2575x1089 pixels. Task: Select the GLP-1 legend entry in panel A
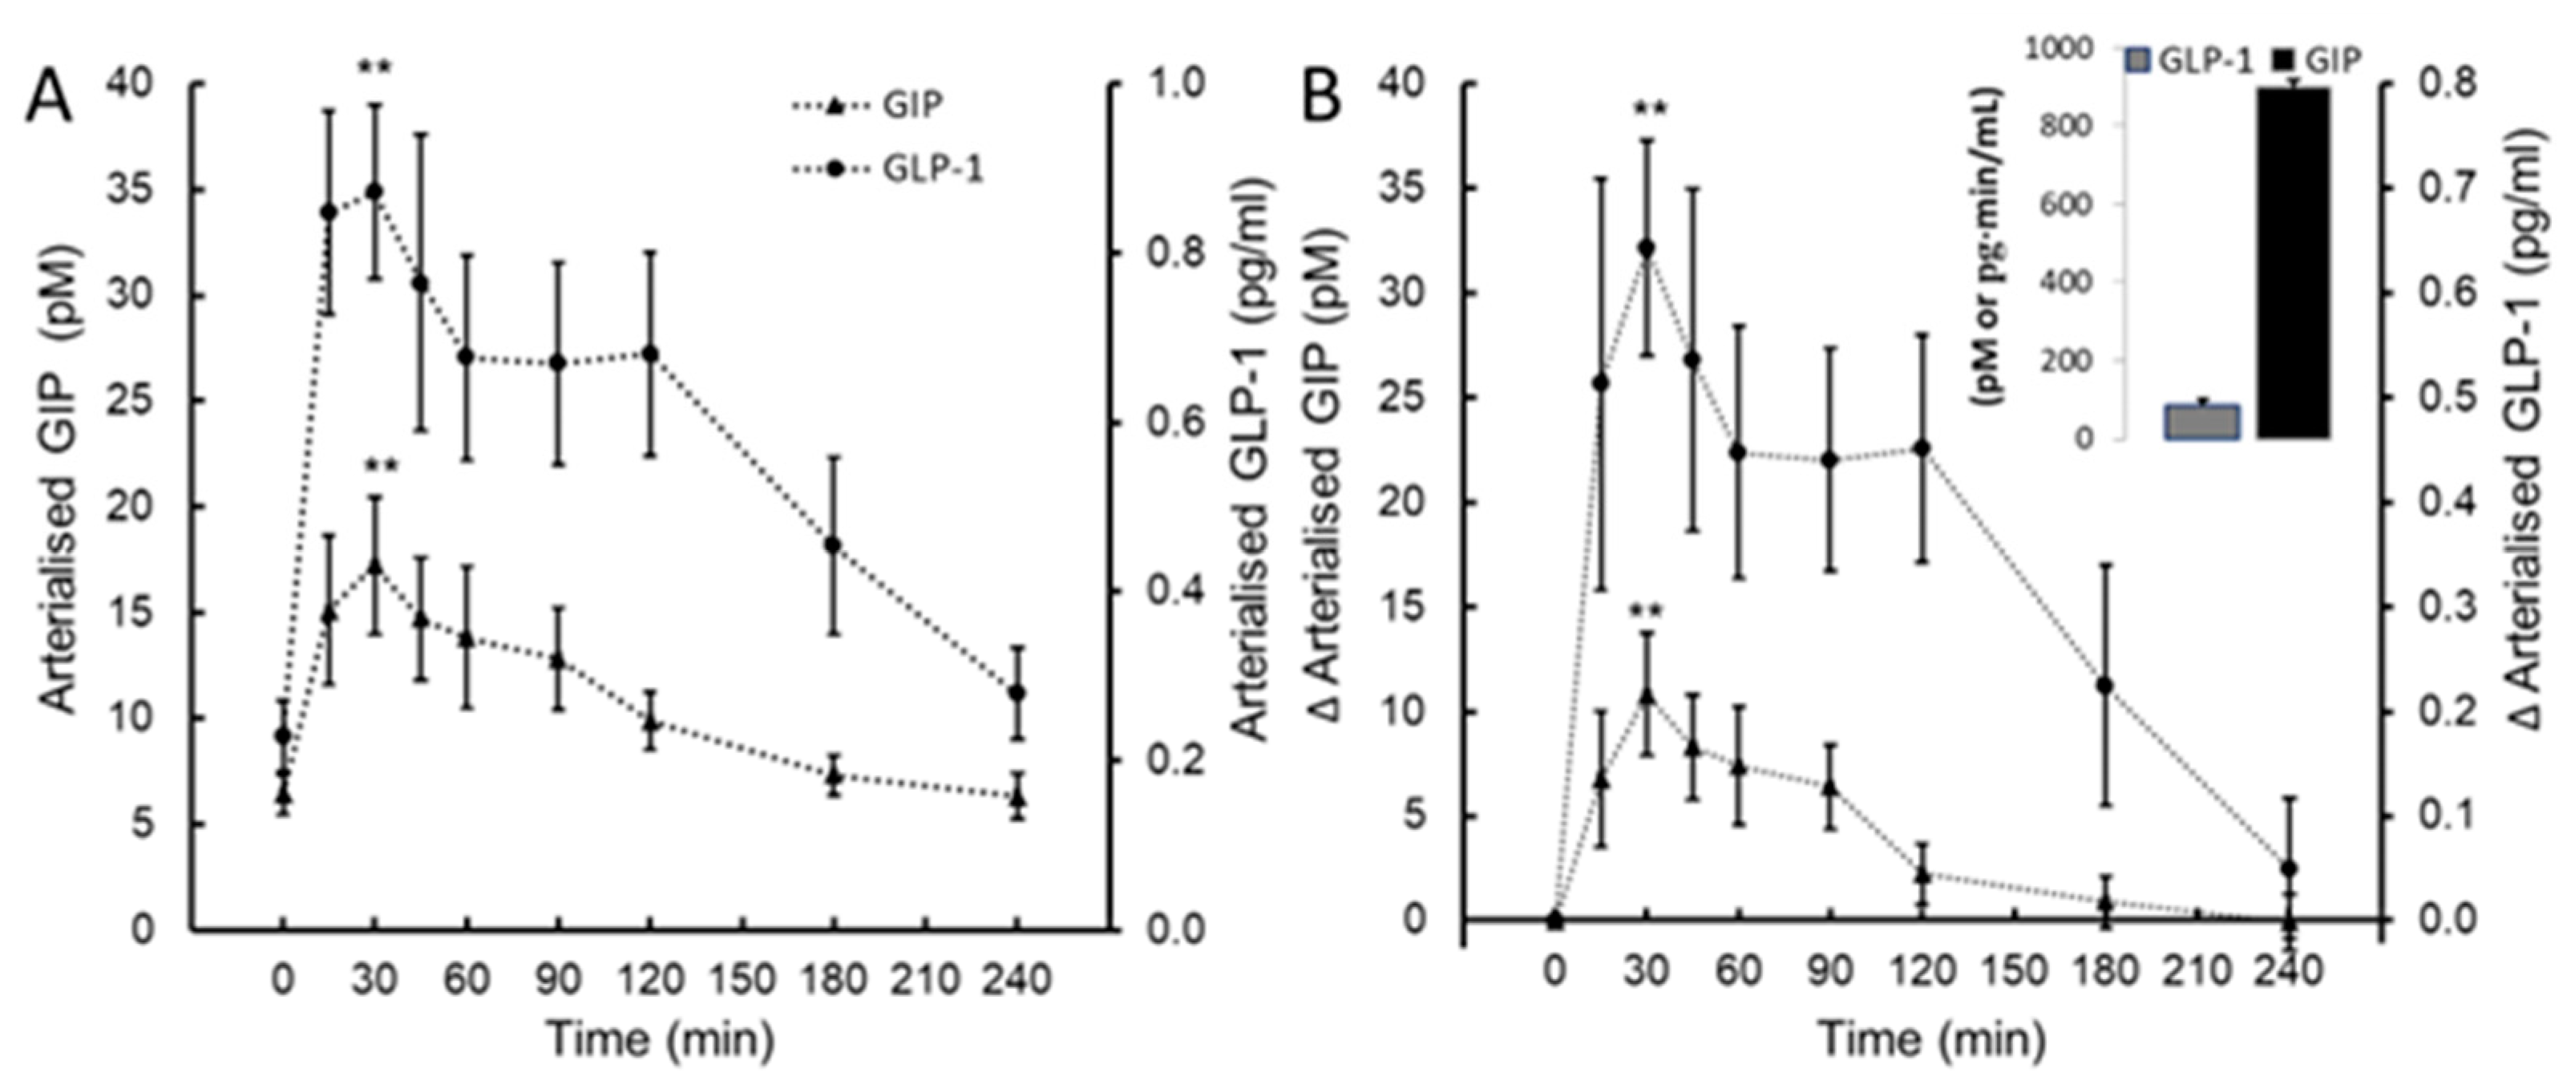[x=932, y=170]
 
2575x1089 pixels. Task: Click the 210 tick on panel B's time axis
[x=2197, y=971]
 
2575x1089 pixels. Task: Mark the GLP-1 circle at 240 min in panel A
[x=1017, y=692]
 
